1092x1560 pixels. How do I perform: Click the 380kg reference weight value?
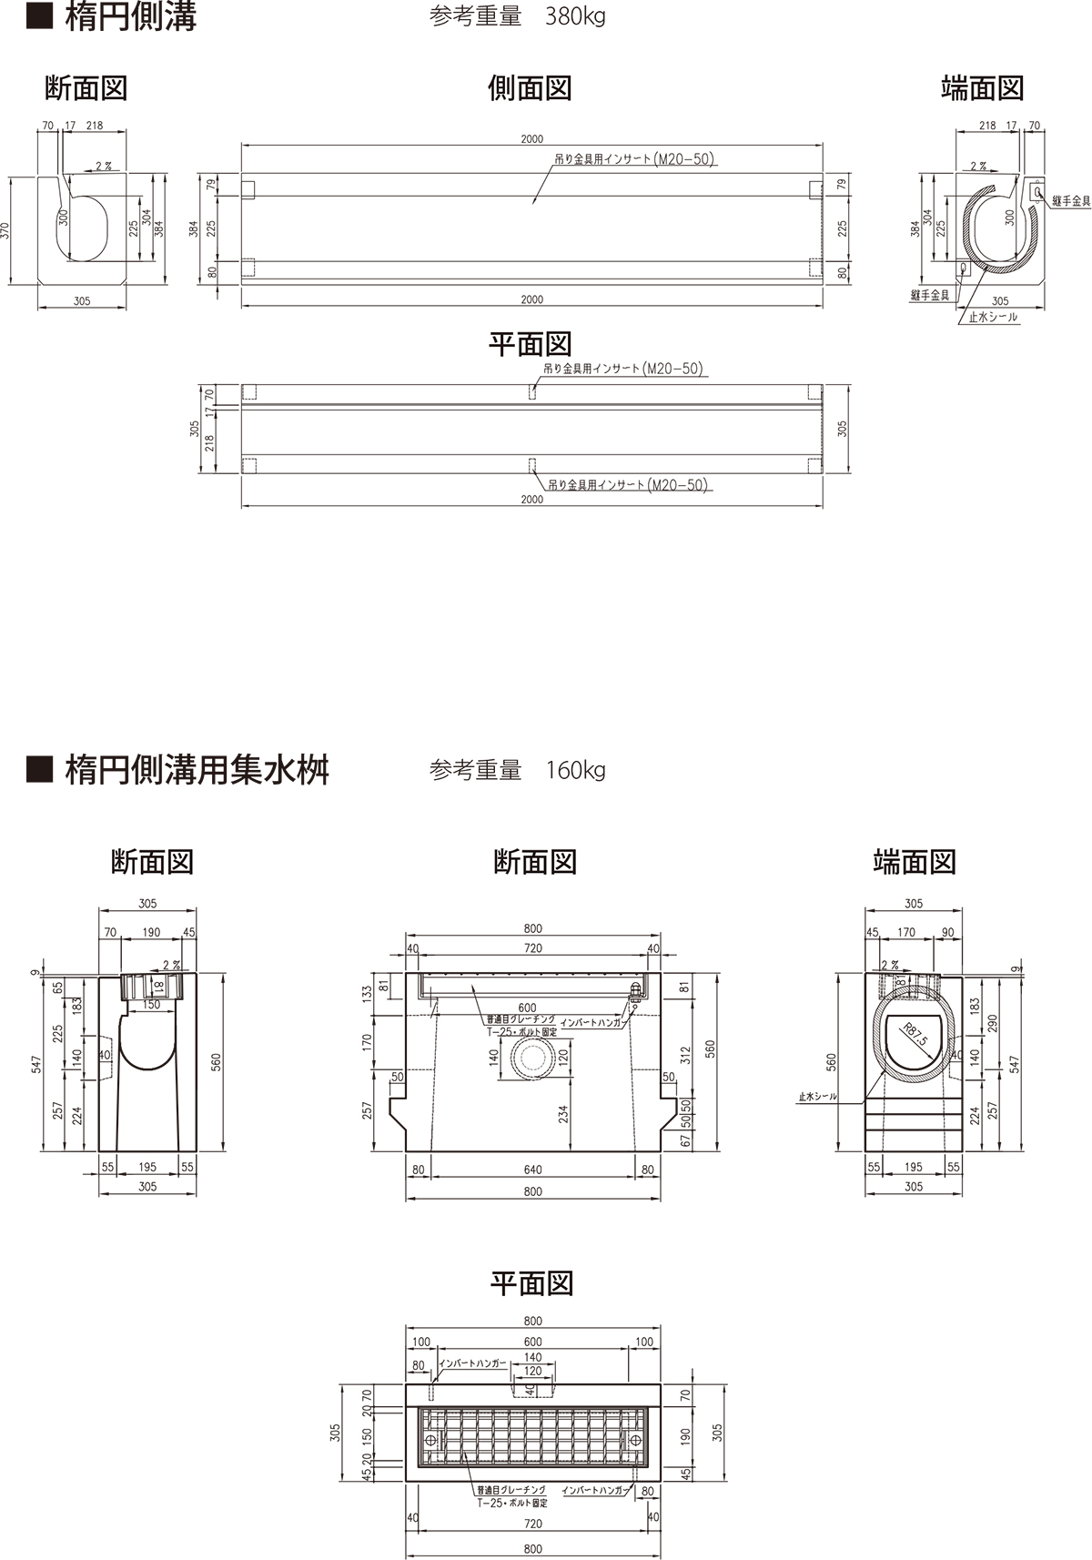pyautogui.click(x=575, y=17)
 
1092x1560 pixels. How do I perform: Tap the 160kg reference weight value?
pyautogui.click(x=575, y=771)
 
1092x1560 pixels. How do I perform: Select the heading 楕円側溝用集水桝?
pyautogui.click(x=197, y=770)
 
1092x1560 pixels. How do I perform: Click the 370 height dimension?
pyautogui.click(x=7, y=230)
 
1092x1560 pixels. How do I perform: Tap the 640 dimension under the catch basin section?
pyautogui.click(x=532, y=1170)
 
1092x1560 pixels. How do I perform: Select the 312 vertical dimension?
pyautogui.click(x=686, y=1054)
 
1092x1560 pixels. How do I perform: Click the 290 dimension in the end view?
pyautogui.click(x=993, y=1022)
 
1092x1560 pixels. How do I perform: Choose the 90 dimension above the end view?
pyautogui.click(x=947, y=932)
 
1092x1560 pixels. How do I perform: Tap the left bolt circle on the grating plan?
pyautogui.click(x=430, y=1439)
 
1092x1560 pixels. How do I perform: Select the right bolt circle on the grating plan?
pyautogui.click(x=634, y=1439)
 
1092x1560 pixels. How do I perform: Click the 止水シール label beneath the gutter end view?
pyautogui.click(x=994, y=318)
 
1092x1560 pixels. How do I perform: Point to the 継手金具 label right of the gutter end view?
pyautogui.click(x=1071, y=201)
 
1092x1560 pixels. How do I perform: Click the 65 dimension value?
pyautogui.click(x=58, y=988)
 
